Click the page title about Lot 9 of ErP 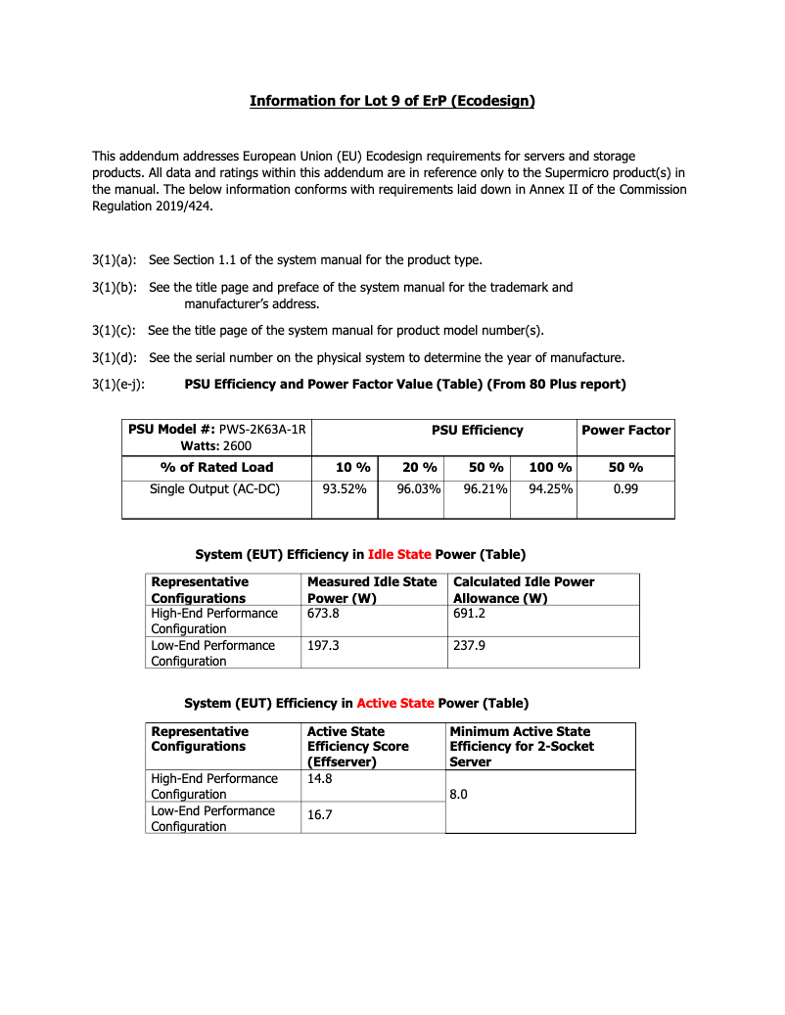pyautogui.click(x=392, y=101)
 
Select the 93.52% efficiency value pyautogui.click(x=345, y=489)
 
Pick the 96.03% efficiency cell pyautogui.click(x=419, y=489)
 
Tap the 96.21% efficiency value pyautogui.click(x=485, y=489)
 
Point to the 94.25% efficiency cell pyautogui.click(x=550, y=489)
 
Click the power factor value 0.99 pyautogui.click(x=625, y=489)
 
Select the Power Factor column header pyautogui.click(x=625, y=430)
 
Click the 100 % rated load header pyautogui.click(x=549, y=467)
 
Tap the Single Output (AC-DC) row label pyautogui.click(x=214, y=489)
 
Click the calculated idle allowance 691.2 pyautogui.click(x=469, y=613)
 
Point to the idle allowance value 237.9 pyautogui.click(x=469, y=646)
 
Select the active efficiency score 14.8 pyautogui.click(x=319, y=779)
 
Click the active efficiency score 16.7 pyautogui.click(x=319, y=814)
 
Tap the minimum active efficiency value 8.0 pyautogui.click(x=458, y=796)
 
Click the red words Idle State pyautogui.click(x=399, y=554)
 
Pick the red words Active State pyautogui.click(x=394, y=703)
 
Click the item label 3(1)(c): pyautogui.click(x=115, y=330)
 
